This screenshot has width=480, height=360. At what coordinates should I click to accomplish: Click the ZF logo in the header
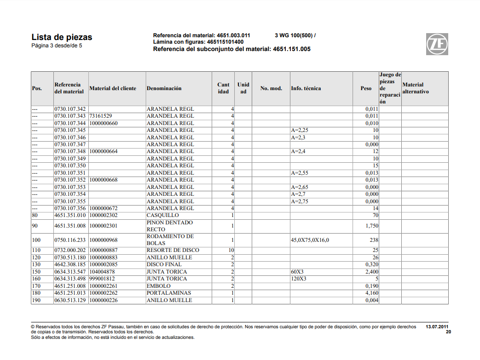[x=437, y=44]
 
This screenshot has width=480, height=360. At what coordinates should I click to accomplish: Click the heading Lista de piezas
[x=62, y=37]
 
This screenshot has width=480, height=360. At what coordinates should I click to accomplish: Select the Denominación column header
[x=164, y=88]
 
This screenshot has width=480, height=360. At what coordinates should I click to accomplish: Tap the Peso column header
[x=366, y=88]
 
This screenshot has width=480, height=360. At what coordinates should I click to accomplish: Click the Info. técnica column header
[x=306, y=88]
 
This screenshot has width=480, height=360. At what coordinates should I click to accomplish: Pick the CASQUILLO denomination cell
[x=162, y=216]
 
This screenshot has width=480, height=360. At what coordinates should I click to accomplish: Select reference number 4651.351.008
[x=70, y=226]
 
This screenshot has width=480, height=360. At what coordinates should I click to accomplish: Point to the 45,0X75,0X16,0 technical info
[x=310, y=240]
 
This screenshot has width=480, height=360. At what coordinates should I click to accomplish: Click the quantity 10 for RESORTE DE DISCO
[x=231, y=251]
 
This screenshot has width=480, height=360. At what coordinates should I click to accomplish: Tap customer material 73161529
[x=101, y=116]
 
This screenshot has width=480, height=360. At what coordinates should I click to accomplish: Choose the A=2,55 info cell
[x=300, y=173]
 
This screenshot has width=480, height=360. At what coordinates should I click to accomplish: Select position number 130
[x=36, y=265]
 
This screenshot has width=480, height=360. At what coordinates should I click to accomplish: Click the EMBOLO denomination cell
[x=159, y=286]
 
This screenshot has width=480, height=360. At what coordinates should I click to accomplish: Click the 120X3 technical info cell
[x=299, y=279]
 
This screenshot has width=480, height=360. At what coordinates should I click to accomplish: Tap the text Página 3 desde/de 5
[x=57, y=46]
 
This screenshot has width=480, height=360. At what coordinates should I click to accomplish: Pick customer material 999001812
[x=103, y=279]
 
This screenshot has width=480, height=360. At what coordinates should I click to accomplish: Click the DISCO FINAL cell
[x=164, y=265]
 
